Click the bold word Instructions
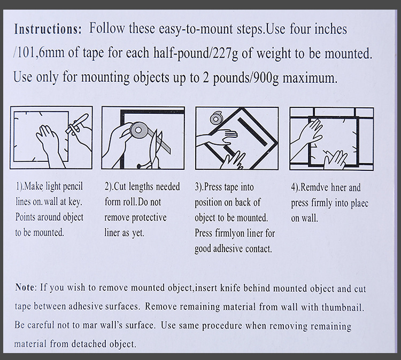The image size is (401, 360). click(x=48, y=29)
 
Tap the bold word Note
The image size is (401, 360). click(x=25, y=287)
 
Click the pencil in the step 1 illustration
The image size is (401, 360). click(x=76, y=123)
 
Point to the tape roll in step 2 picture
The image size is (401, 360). click(x=138, y=130)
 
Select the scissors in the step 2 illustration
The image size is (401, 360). click(x=153, y=151)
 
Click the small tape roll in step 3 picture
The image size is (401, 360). click(x=216, y=118)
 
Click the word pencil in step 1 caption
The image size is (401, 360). click(x=73, y=187)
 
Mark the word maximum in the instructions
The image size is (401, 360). click(x=310, y=78)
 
